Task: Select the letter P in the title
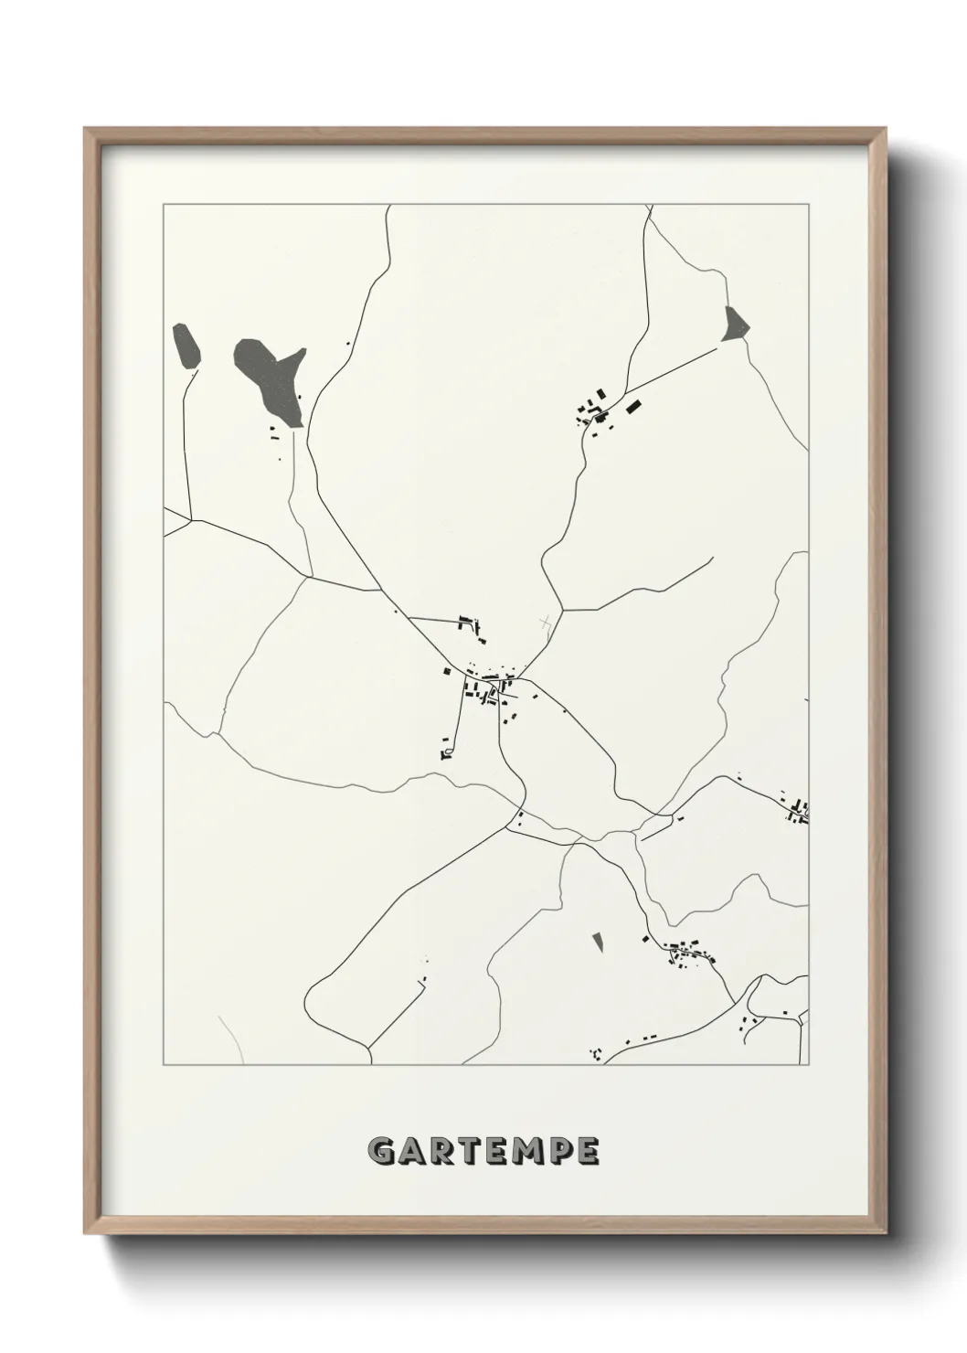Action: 558,1151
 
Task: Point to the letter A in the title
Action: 411,1151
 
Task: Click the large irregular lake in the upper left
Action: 267,377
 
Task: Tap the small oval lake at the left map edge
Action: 186,345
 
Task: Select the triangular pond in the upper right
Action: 734,325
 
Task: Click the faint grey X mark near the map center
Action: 546,623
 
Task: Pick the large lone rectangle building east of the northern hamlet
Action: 632,405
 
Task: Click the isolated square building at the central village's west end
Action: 448,671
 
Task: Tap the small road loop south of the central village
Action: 446,752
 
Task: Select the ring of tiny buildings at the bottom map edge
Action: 597,1054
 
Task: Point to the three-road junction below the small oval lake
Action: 189,519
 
